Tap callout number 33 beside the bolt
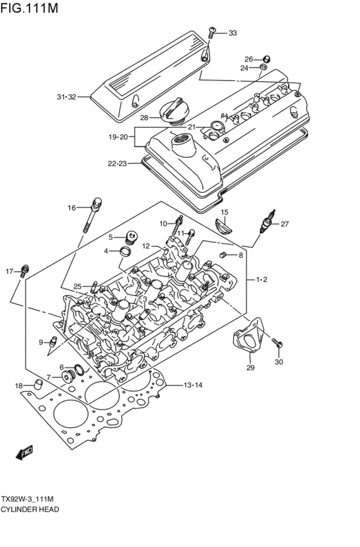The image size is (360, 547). pyautogui.click(x=233, y=33)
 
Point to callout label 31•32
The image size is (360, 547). pyautogui.click(x=66, y=97)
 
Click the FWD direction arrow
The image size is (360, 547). pyautogui.click(x=24, y=453)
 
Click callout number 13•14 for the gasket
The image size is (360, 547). pyautogui.click(x=194, y=385)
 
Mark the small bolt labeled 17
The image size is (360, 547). pyautogui.click(x=25, y=269)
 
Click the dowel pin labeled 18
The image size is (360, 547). pyautogui.click(x=38, y=385)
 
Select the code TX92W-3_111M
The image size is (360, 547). pyautogui.click(x=35, y=499)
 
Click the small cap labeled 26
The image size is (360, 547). pyautogui.click(x=264, y=59)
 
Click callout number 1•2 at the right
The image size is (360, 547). pyautogui.click(x=262, y=280)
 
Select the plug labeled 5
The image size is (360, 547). pyautogui.click(x=132, y=237)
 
